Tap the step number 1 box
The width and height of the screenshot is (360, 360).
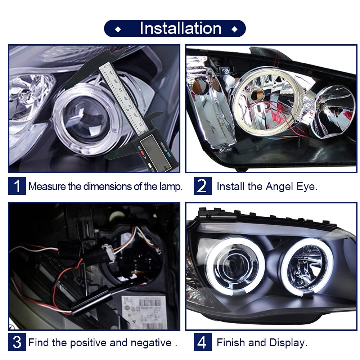(x=17, y=186)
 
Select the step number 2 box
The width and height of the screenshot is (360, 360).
(x=202, y=186)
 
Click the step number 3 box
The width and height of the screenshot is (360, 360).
(x=17, y=342)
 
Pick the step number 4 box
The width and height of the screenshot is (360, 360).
(x=202, y=342)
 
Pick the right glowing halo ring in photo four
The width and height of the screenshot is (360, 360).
(x=307, y=266)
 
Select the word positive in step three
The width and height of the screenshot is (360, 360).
(x=88, y=342)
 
